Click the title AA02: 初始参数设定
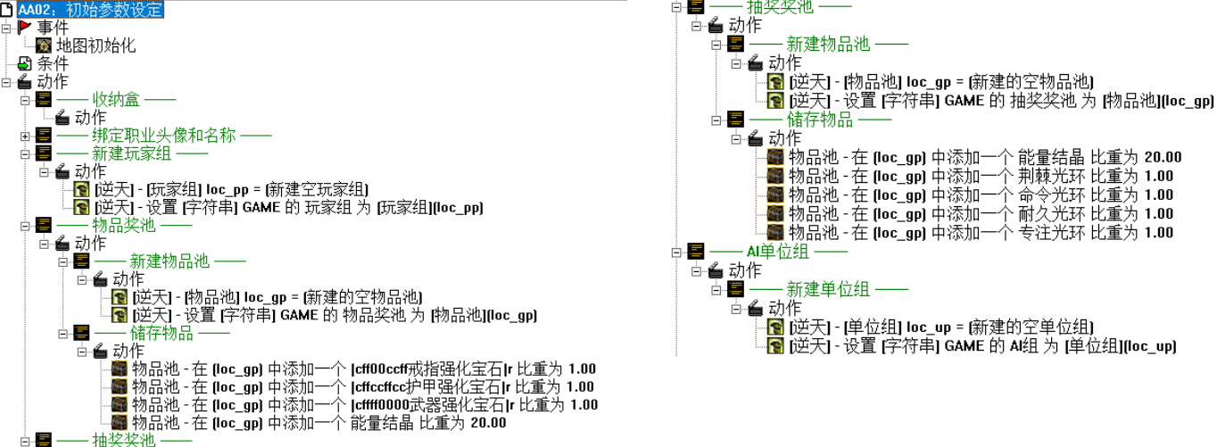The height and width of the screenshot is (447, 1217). (89, 10)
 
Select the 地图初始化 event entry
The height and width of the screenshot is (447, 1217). (95, 46)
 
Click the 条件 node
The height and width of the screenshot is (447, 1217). (52, 63)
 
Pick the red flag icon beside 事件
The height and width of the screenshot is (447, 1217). (25, 28)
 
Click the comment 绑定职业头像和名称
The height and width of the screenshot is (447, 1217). (169, 136)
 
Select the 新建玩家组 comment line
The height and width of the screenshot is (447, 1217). (150, 153)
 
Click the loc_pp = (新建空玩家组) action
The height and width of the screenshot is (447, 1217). (232, 189)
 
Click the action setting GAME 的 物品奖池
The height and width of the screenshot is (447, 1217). (334, 315)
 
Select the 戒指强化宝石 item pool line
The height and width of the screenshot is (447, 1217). (364, 369)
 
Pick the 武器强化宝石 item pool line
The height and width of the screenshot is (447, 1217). (364, 405)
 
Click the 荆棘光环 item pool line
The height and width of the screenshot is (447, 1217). (981, 177)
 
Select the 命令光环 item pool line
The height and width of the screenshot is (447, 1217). (981, 195)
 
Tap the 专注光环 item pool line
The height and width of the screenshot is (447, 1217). (981, 233)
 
